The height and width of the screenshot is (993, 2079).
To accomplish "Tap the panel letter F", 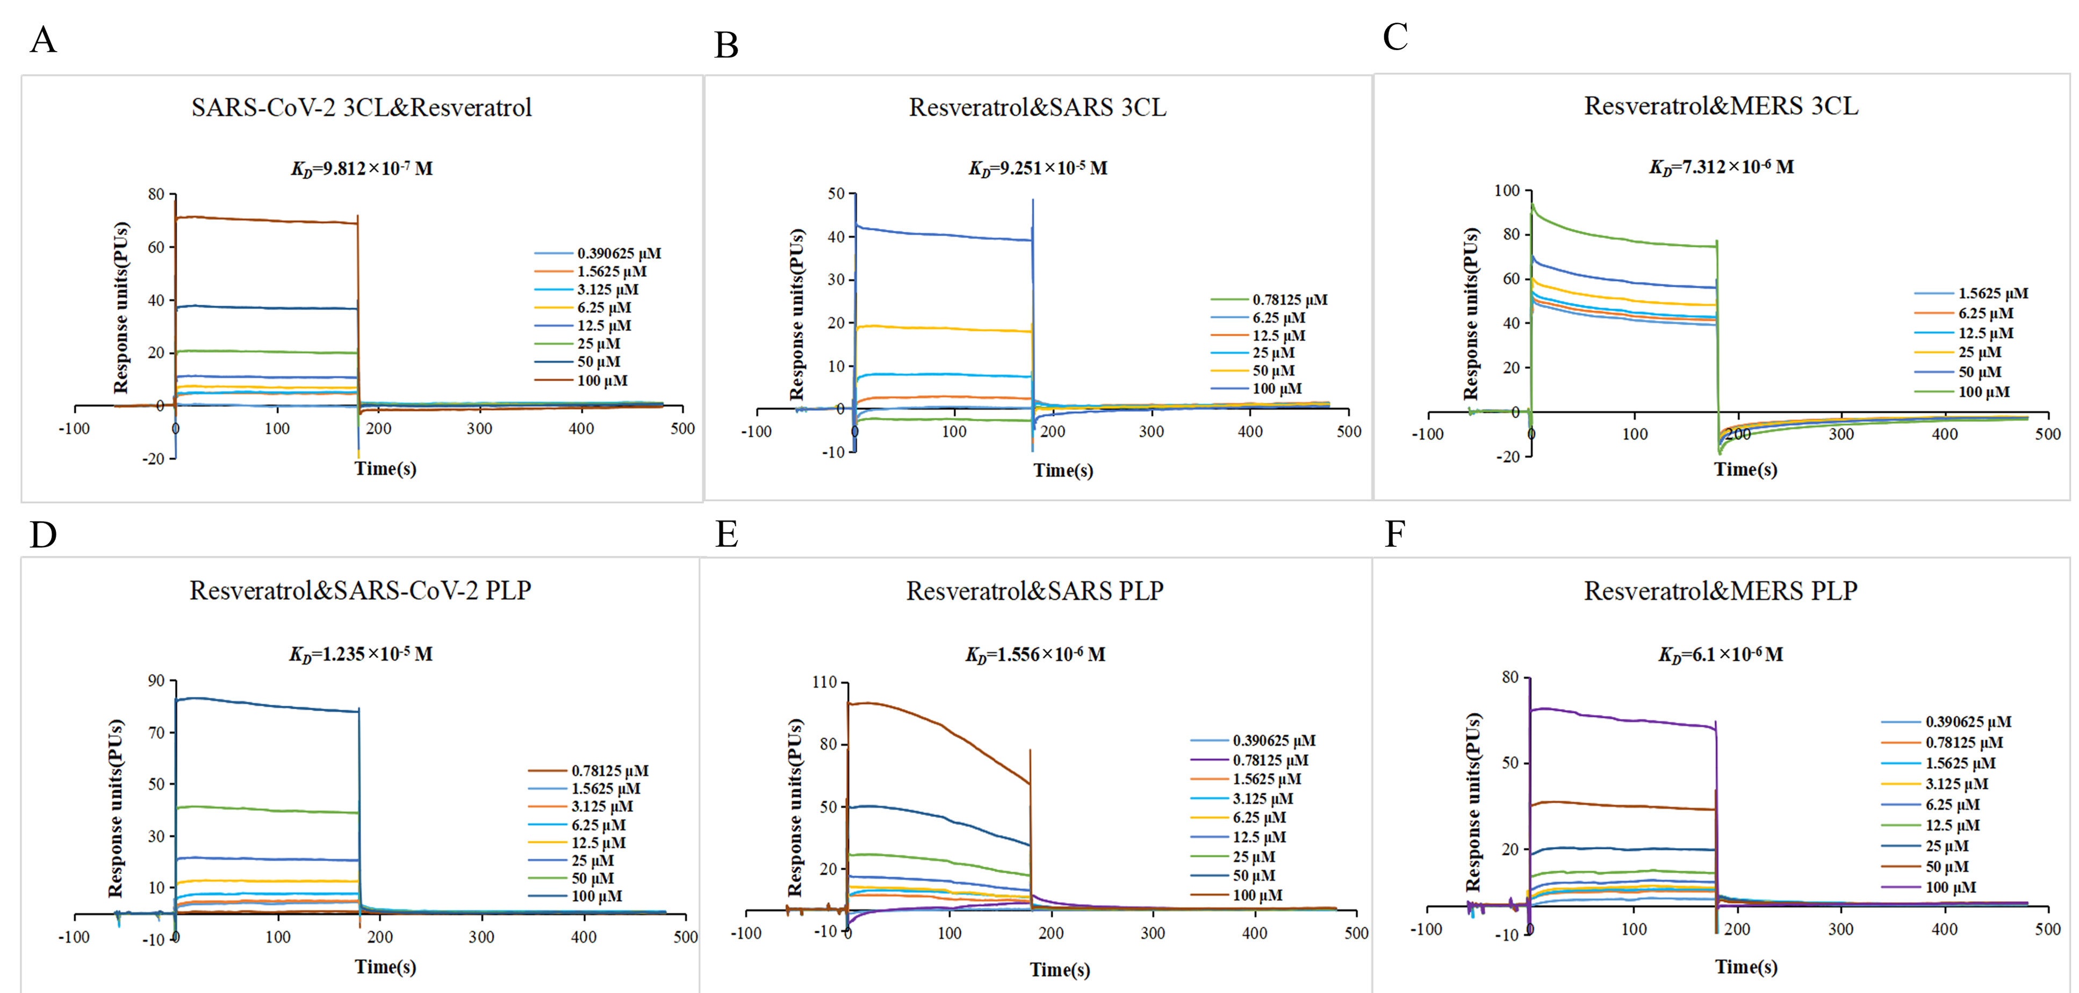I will [1395, 534].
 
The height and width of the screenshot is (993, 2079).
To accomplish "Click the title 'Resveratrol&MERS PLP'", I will [1720, 591].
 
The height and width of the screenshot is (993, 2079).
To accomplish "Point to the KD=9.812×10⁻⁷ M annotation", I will [362, 169].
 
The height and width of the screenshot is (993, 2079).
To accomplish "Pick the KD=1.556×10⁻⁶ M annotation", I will [1035, 655].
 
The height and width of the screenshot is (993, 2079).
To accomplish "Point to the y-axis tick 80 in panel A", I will [156, 195].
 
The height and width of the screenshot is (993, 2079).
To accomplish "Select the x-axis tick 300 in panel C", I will [1841, 434].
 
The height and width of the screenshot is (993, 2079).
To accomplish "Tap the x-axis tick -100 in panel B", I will [756, 432].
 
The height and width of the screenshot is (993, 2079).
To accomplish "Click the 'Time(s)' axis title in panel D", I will [385, 966].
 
